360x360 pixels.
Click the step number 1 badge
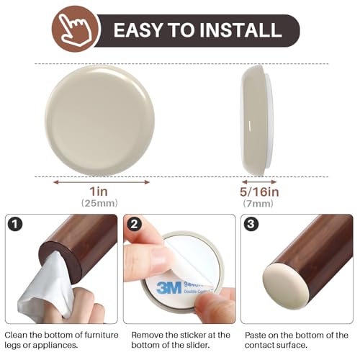click(x=14, y=225)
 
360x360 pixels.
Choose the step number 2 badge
click(x=133, y=225)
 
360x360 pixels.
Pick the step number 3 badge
click(x=251, y=225)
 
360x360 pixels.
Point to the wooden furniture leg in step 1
click(x=83, y=241)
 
